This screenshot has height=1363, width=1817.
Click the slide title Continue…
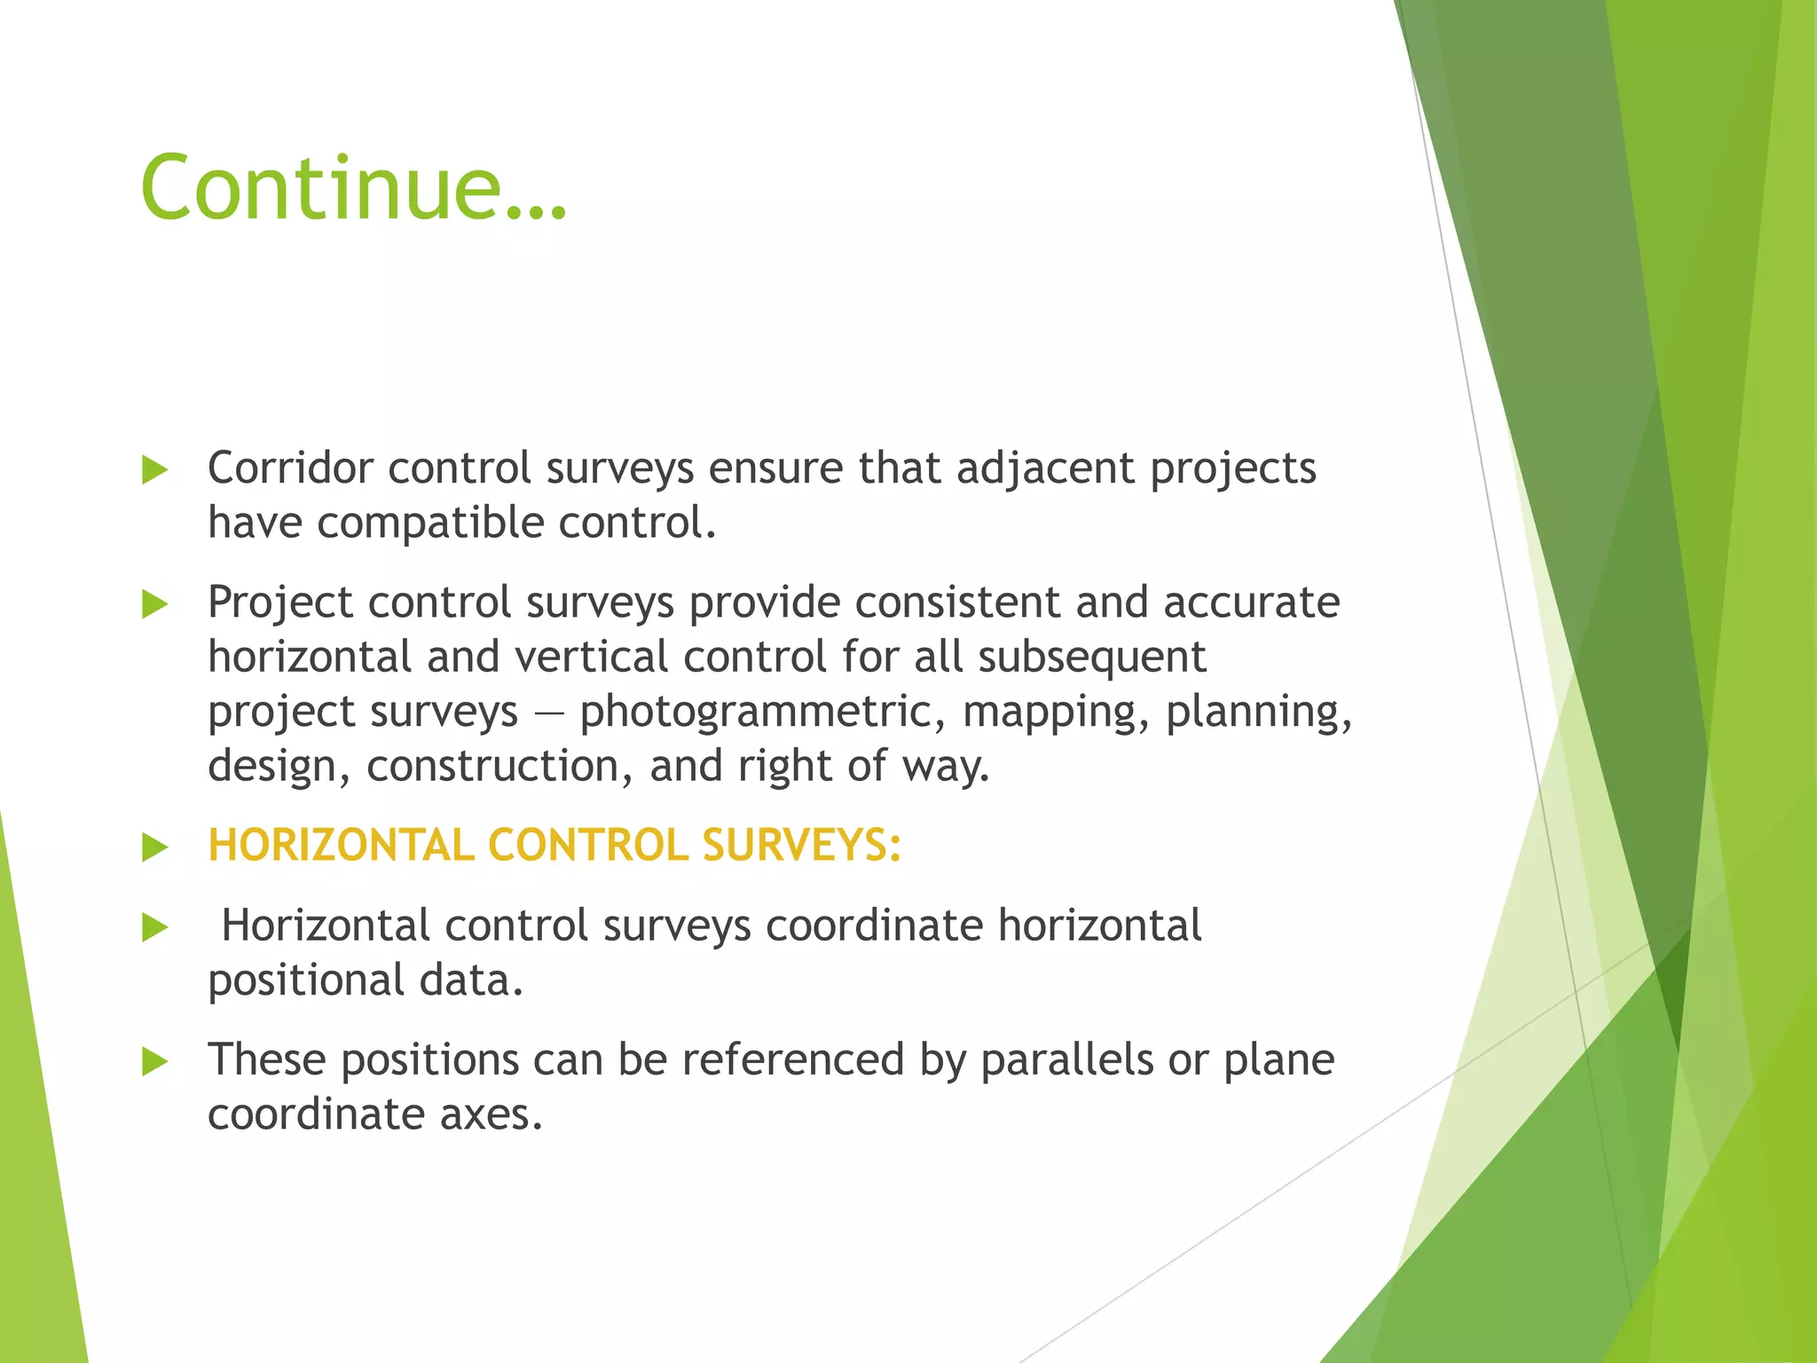pyautogui.click(x=353, y=188)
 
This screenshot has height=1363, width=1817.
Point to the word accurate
pyautogui.click(x=1251, y=603)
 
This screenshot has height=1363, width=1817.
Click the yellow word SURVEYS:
pyautogui.click(x=801, y=845)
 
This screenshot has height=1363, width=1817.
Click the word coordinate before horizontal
pyautogui.click(x=875, y=926)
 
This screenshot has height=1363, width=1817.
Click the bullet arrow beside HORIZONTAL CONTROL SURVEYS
pyautogui.click(x=154, y=847)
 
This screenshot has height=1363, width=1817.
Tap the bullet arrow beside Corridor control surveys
pyautogui.click(x=154, y=470)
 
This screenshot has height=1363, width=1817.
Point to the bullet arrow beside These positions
pyautogui.click(x=154, y=1061)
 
